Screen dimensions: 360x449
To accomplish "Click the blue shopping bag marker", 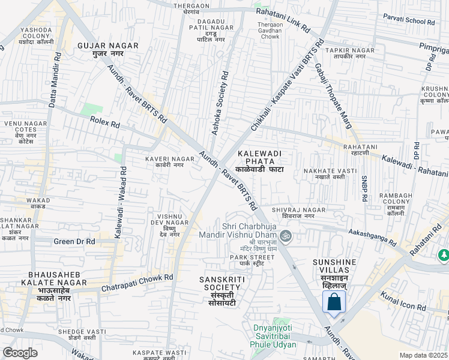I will pos(334,302).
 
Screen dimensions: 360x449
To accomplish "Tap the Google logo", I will pos(20,353).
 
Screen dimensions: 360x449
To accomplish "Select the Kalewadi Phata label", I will pos(259,161).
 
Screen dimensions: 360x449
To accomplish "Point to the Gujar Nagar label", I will pos(108,49).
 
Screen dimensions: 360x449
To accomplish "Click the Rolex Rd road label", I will pos(105,122).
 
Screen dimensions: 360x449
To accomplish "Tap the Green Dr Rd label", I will pos(74,241).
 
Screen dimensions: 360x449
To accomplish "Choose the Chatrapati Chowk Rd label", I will pos(137,283).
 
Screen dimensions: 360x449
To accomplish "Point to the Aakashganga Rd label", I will pos(372,236).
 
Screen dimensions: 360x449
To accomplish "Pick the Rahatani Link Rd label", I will pos(283,20).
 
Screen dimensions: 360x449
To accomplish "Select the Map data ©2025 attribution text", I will pos(423,355).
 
